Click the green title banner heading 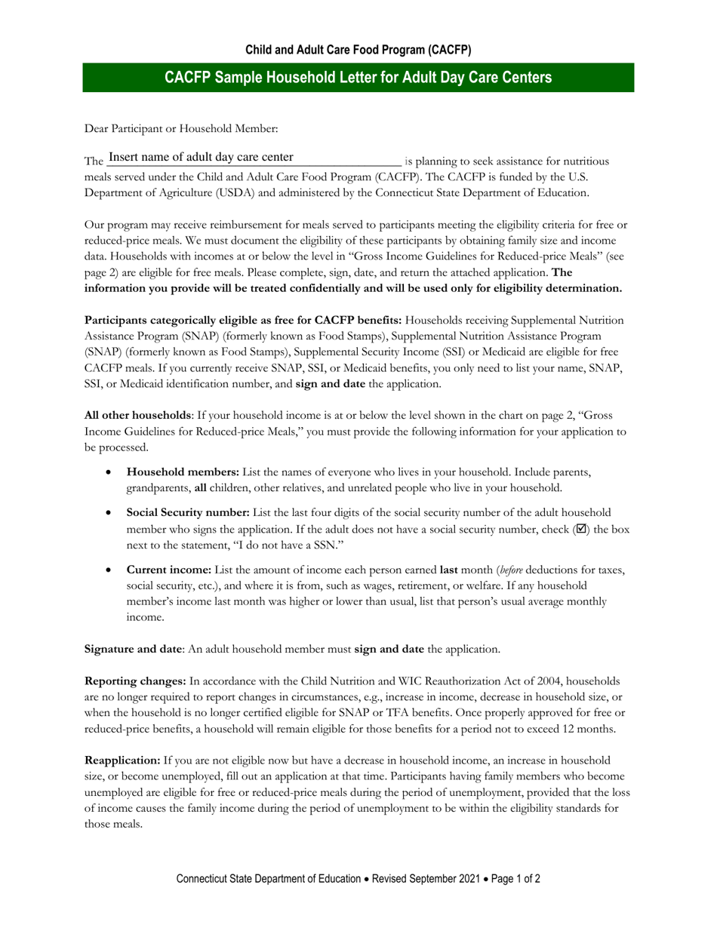[x=358, y=78]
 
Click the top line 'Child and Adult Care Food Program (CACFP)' [x=358, y=51]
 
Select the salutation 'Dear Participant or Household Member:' [x=181, y=129]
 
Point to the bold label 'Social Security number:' [x=189, y=513]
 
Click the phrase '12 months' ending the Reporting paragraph [x=592, y=729]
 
